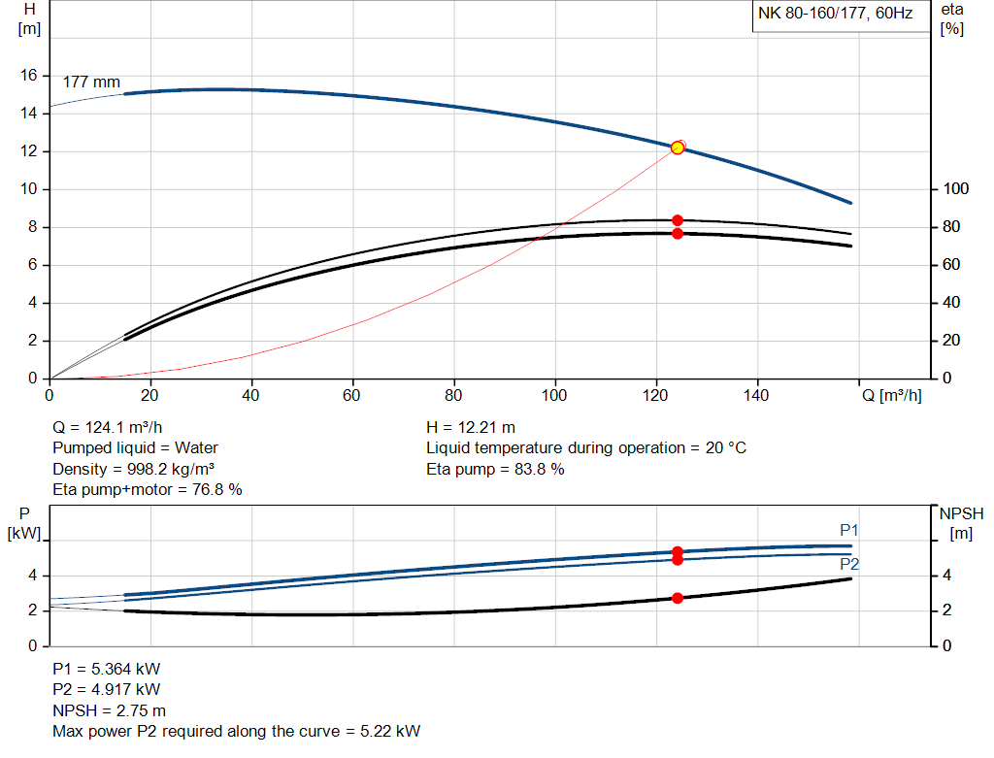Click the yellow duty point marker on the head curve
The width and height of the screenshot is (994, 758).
(678, 148)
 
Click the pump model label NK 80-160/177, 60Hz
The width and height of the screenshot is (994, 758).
(835, 15)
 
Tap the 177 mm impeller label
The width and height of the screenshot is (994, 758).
(91, 82)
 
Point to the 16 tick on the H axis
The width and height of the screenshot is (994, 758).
(30, 75)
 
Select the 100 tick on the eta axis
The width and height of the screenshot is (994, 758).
(955, 189)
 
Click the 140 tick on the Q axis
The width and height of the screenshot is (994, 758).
(756, 395)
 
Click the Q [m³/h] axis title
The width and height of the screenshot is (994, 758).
(891, 395)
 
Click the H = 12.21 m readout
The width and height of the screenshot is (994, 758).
(471, 427)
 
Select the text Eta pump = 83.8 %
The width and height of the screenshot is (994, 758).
(495, 470)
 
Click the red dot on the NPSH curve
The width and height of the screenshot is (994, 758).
(678, 598)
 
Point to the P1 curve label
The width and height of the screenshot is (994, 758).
(849, 530)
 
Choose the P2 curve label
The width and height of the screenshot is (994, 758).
(849, 564)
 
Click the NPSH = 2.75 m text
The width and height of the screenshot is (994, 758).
(109, 710)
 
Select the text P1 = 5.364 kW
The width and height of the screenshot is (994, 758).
(107, 670)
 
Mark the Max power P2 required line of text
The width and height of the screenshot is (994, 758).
(237, 731)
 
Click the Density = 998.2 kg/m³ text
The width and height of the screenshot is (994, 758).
(133, 470)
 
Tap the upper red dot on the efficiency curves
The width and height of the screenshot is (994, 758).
(678, 220)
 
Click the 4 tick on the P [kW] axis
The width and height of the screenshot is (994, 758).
(32, 576)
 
